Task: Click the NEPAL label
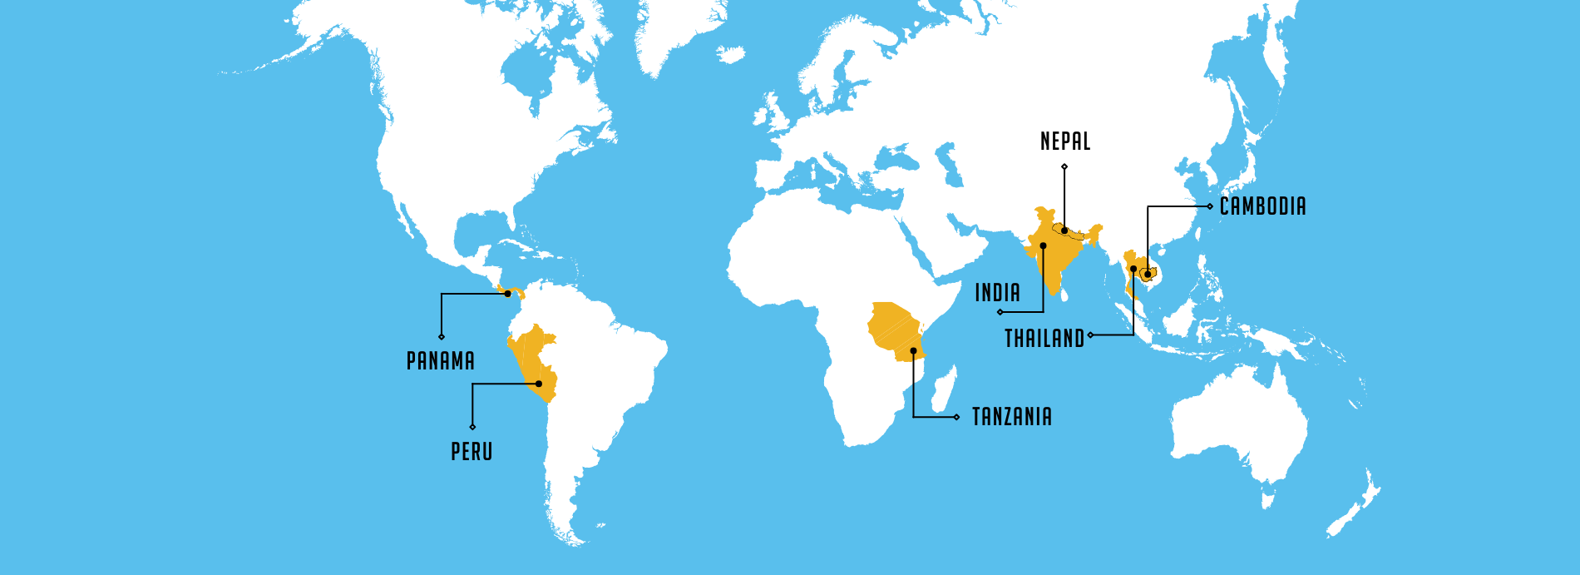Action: pos(1065,141)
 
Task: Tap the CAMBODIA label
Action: pos(1262,206)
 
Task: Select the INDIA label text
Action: pos(997,293)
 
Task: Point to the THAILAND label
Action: pos(1044,339)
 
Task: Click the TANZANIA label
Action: pos(1011,417)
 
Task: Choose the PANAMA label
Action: pos(440,361)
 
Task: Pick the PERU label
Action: pos(472,452)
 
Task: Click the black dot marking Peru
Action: pos(539,384)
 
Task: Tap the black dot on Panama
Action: pos(507,294)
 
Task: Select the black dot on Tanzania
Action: pos(913,351)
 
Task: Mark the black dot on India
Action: pos(1043,246)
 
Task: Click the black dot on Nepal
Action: pos(1064,230)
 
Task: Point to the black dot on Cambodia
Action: pos(1148,274)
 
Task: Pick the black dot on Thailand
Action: pos(1133,270)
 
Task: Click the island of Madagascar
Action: pos(945,391)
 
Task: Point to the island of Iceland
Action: pos(731,55)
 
